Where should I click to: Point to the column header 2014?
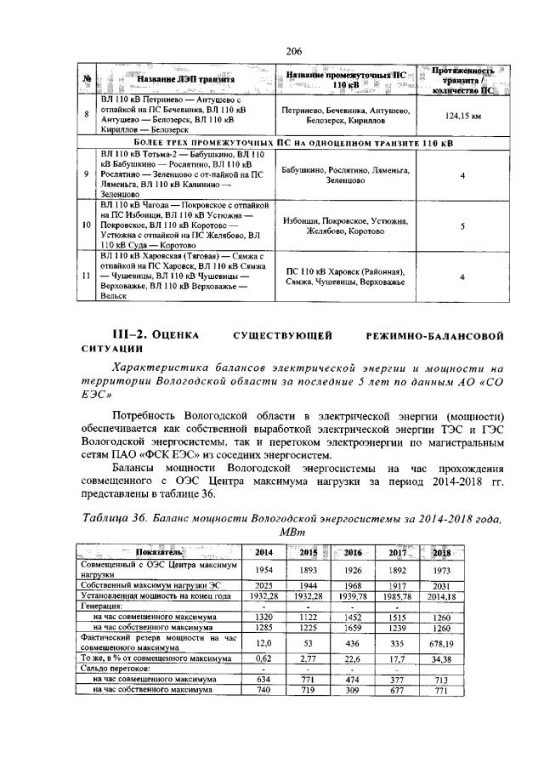[265, 552]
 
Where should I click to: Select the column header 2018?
[441, 552]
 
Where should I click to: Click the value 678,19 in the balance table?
[441, 644]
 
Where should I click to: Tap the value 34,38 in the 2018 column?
[441, 658]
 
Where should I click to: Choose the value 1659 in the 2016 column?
[353, 628]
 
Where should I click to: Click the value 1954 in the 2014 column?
[265, 569]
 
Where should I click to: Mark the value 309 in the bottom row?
[353, 691]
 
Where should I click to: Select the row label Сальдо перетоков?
[112, 669]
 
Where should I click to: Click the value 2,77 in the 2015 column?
[309, 658]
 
